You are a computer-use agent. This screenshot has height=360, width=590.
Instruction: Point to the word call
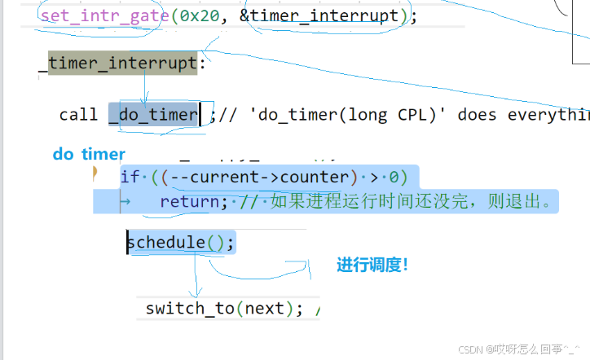click(x=78, y=115)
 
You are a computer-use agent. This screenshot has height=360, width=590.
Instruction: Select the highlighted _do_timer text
click(x=154, y=115)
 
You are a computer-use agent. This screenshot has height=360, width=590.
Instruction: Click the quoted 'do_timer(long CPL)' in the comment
click(x=341, y=115)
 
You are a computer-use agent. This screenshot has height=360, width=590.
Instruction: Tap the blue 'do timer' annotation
click(x=89, y=154)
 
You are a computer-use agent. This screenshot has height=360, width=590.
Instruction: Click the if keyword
click(x=130, y=177)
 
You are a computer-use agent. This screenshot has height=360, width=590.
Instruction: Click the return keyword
click(x=188, y=201)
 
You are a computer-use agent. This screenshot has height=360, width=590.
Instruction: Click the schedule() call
click(x=180, y=242)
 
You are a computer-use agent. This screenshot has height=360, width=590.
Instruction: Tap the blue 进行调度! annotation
click(x=372, y=265)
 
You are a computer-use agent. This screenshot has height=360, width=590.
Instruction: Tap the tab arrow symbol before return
click(x=125, y=201)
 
